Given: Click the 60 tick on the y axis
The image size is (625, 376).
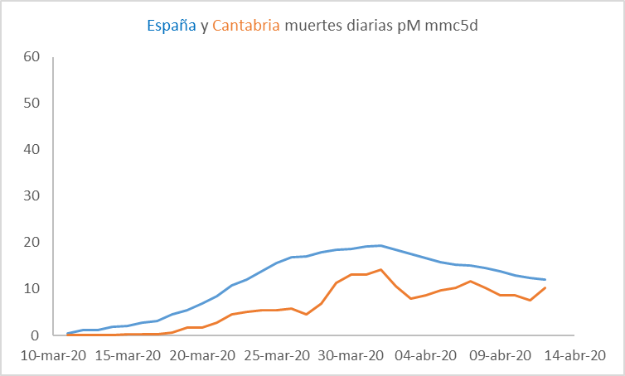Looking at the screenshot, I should click(32, 57).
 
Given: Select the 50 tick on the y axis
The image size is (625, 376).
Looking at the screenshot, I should click(32, 104).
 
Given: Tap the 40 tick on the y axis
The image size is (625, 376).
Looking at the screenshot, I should click(32, 150).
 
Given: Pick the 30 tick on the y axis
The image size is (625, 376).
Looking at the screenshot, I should click(32, 196).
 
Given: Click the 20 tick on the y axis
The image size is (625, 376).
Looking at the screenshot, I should click(32, 243).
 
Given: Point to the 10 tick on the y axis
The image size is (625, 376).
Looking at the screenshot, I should click(32, 289).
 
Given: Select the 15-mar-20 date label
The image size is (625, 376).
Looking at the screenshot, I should click(128, 355).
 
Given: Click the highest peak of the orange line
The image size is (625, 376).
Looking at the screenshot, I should click(380, 269).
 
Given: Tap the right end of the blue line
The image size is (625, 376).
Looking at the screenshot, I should click(545, 280).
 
